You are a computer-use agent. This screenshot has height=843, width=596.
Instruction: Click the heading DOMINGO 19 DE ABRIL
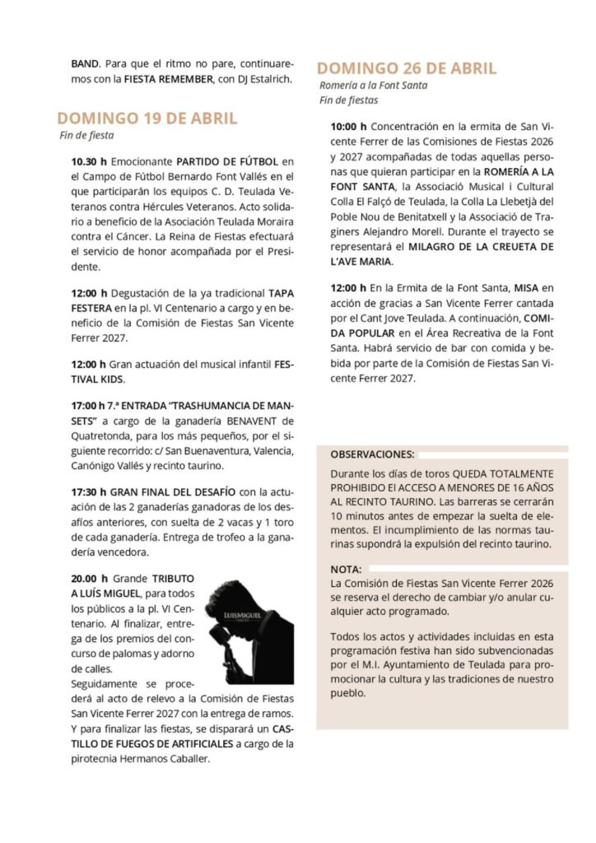pyautogui.click(x=147, y=118)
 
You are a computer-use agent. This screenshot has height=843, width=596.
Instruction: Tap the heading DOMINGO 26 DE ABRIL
pyautogui.click(x=407, y=68)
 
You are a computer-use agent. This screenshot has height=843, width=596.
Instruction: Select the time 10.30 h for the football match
pyautogui.click(x=89, y=161)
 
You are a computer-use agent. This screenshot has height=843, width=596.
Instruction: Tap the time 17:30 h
pyautogui.click(x=89, y=492)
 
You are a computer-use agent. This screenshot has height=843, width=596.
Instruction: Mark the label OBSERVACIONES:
pyautogui.click(x=372, y=454)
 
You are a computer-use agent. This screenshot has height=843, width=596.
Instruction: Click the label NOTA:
pyautogui.click(x=346, y=569)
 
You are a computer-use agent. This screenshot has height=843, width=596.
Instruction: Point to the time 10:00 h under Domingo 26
pyautogui.click(x=348, y=128)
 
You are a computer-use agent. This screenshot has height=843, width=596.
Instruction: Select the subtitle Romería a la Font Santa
pyautogui.click(x=373, y=85)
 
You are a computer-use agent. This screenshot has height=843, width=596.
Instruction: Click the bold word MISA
pyautogui.click(x=526, y=288)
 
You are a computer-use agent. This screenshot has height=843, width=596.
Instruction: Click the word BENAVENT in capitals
pyautogui.click(x=241, y=421)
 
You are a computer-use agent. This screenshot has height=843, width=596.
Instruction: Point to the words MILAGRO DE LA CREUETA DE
pyautogui.click(x=483, y=247)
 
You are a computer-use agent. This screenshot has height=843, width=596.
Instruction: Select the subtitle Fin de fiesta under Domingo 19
pyautogui.click(x=86, y=135)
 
